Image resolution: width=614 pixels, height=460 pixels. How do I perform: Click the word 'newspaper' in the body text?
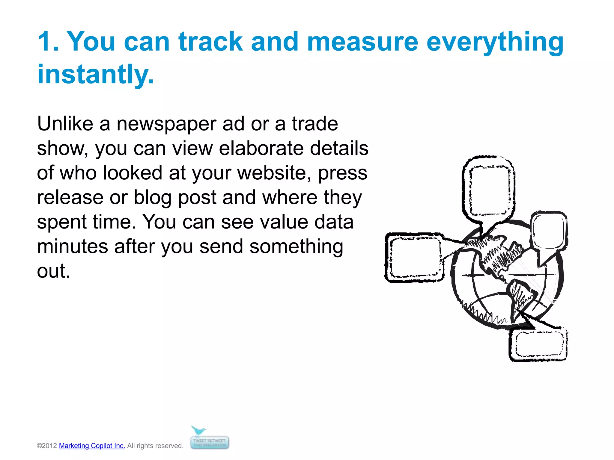tap(166, 124)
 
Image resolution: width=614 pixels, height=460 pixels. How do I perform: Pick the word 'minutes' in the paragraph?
tap(72, 247)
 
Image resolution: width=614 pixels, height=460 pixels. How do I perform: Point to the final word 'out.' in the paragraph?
tap(53, 271)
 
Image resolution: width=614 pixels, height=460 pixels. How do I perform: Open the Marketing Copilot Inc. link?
tap(92, 446)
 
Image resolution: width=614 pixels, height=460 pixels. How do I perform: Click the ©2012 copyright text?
tap(47, 446)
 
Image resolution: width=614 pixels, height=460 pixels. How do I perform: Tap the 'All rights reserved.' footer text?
tap(155, 446)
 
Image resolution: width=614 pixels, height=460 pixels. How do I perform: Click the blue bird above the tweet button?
tap(198, 432)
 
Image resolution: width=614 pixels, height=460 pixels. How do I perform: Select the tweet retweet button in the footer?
tap(210, 443)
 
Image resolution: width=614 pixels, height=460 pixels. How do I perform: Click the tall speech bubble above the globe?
tap(489, 190)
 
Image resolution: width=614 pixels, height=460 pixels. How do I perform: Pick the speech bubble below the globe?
tap(538, 344)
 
